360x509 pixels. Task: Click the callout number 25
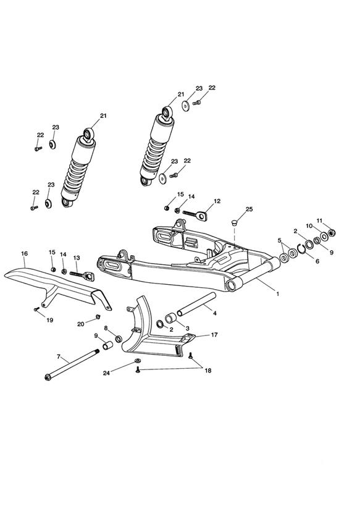[249, 209]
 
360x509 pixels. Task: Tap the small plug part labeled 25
[234, 222]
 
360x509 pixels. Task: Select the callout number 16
[24, 253]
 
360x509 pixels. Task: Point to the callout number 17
[214, 335]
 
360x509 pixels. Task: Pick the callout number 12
[217, 201]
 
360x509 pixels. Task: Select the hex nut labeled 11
[332, 232]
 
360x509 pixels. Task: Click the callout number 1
[277, 294]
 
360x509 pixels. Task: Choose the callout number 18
[207, 371]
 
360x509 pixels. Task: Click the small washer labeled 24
[138, 361]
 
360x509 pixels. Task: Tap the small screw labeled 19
[36, 309]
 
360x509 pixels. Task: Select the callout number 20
[80, 324]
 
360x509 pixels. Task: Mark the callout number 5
[280, 240]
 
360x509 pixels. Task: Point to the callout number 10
[309, 225]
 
